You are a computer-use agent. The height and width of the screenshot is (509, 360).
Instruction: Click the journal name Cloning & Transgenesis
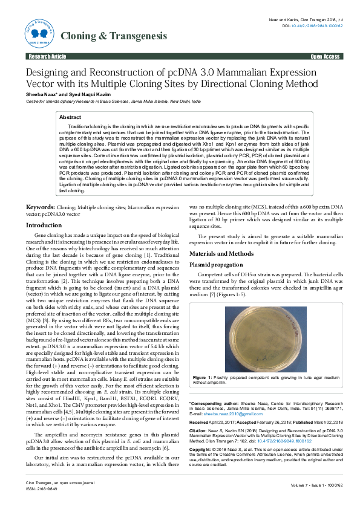point(113,36)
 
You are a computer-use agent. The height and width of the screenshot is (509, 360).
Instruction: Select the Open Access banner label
point(325,56)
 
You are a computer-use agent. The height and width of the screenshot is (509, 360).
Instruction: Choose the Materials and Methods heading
point(221,254)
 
